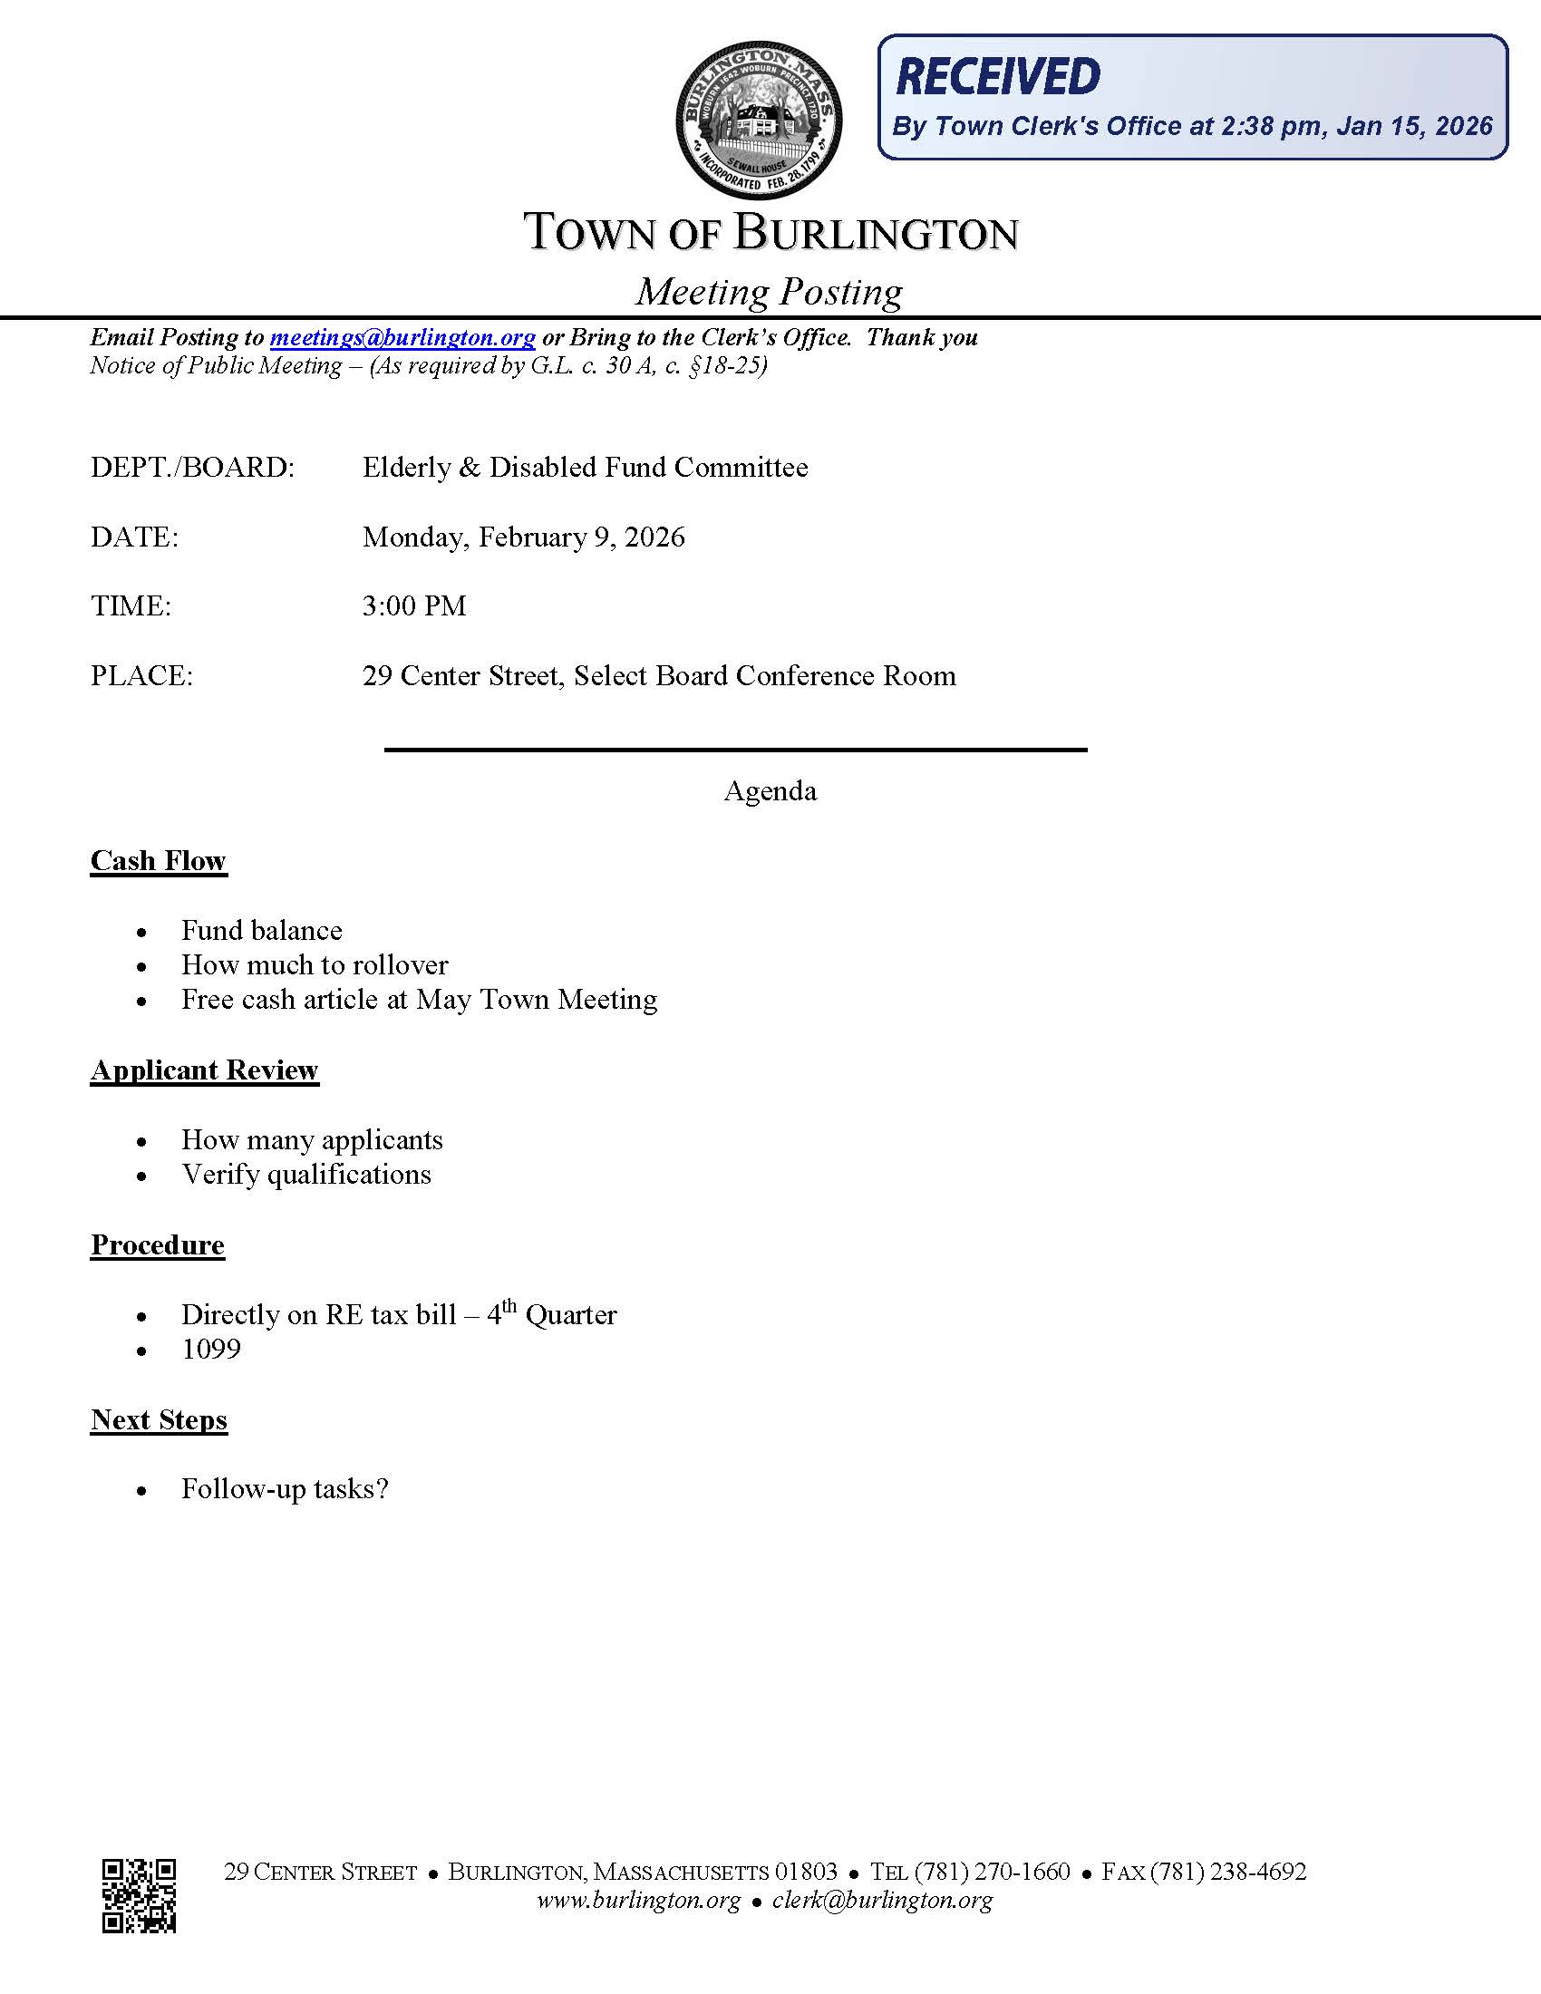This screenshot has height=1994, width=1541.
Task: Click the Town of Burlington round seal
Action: click(x=759, y=120)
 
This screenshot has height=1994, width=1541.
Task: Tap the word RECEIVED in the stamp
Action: click(x=999, y=77)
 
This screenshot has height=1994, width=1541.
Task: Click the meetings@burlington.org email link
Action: click(x=402, y=338)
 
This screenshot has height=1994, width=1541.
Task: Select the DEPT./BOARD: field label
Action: click(x=192, y=468)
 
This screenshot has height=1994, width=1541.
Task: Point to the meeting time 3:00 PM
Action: click(x=414, y=606)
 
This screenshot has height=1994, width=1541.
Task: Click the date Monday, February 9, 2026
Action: click(x=523, y=537)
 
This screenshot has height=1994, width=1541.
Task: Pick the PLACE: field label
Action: click(x=141, y=676)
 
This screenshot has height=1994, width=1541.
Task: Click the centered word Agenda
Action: click(x=770, y=790)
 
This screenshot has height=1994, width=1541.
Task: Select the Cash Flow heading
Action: click(x=158, y=861)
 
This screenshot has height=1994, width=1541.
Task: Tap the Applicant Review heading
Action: click(x=205, y=1070)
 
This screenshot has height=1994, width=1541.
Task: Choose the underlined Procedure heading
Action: click(x=157, y=1245)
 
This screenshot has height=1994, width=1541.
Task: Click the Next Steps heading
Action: click(x=159, y=1419)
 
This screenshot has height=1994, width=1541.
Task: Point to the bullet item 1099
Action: click(x=211, y=1350)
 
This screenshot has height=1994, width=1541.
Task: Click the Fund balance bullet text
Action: click(x=262, y=930)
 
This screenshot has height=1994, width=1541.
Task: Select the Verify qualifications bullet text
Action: click(x=305, y=1175)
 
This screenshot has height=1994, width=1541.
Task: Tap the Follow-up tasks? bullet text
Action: click(x=285, y=1489)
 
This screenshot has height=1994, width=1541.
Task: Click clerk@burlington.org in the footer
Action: click(x=882, y=1901)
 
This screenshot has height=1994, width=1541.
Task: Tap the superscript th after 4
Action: click(x=509, y=1305)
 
